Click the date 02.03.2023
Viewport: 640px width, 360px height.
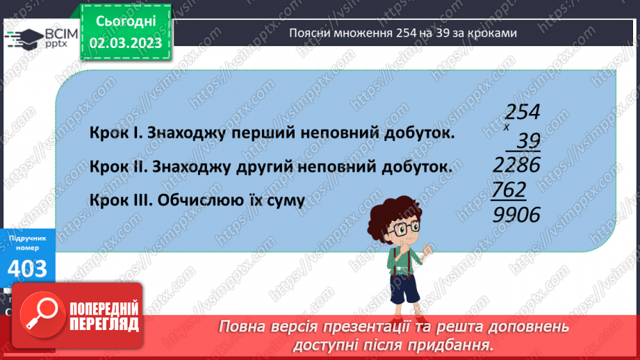coord(126,42)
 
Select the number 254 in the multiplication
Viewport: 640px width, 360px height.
coord(523,113)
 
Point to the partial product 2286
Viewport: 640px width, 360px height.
coord(516,165)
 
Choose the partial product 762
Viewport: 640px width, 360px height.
coord(510,190)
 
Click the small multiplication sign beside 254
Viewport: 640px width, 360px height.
coord(507,128)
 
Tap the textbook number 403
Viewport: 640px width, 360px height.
coord(28,268)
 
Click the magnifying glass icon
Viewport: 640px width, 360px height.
coord(39,314)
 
